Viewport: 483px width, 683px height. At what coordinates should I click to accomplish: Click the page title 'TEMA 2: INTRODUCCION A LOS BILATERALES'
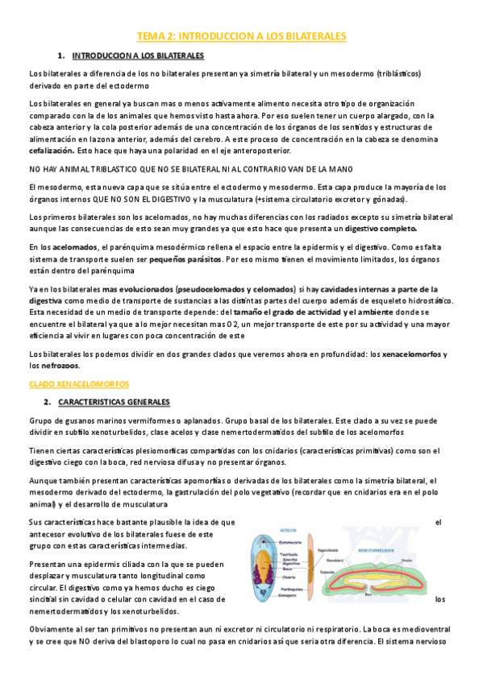point(241,36)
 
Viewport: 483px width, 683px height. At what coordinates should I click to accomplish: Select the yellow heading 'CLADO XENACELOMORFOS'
point(78,384)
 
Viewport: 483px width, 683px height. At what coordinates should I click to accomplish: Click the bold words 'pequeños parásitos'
point(183,259)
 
